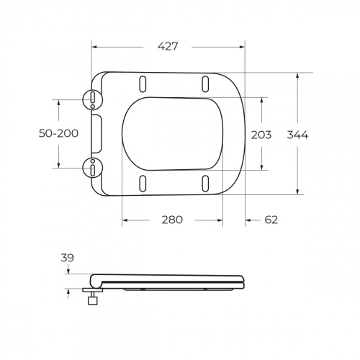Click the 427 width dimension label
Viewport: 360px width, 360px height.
(168, 46)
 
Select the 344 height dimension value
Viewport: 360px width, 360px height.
(297, 135)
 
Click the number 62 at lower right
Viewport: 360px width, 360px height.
(271, 220)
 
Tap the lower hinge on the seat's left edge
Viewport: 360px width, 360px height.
(93, 167)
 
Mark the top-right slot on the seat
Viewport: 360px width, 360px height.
(206, 81)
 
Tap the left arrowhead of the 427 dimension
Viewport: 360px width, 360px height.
(95, 47)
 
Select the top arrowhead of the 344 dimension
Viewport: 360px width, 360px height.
(297, 75)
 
